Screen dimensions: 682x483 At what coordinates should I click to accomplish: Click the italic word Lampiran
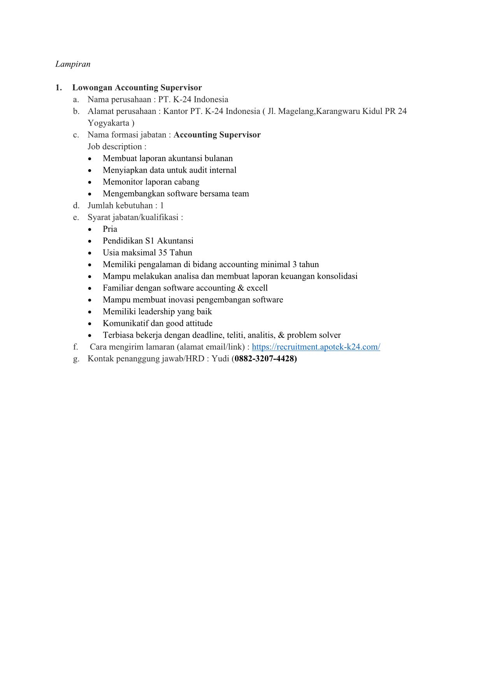[73, 64]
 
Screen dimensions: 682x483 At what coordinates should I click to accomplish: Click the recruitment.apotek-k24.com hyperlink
[316, 347]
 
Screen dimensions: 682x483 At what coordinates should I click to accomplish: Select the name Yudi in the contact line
[220, 358]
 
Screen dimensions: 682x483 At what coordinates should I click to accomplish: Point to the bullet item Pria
[110, 229]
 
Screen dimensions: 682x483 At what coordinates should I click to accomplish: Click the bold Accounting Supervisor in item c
[217, 135]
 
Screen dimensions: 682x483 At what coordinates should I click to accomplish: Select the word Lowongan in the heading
[92, 88]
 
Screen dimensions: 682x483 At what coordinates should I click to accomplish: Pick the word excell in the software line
[257, 288]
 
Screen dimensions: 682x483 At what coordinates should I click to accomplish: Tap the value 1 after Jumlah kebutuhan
[162, 206]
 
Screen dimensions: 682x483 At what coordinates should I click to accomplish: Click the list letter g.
[76, 359]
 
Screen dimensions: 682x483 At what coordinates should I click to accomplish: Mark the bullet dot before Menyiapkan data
[90, 171]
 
